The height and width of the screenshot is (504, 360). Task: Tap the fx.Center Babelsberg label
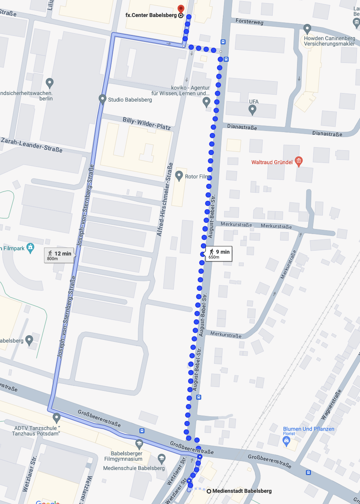coord(151,15)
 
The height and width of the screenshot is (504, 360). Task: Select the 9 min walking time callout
coord(219,254)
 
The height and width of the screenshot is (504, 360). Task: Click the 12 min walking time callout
coord(59,255)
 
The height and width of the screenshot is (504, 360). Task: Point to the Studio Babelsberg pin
coord(102,99)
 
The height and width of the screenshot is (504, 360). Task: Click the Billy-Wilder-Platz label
coord(147,123)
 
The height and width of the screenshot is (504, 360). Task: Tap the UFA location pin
coord(253,110)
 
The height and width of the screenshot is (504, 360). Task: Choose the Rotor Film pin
coord(179,176)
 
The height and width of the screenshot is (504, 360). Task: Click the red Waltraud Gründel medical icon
coord(298,161)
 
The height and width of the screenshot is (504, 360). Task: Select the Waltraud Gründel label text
coord(272,162)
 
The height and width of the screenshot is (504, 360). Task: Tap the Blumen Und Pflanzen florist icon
coord(286,441)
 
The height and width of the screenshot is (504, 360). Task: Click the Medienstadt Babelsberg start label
coord(242,491)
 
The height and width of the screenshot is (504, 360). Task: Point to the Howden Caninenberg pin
coord(307,28)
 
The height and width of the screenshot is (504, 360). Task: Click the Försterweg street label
coord(249,22)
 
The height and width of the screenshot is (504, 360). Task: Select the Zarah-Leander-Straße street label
coord(32,145)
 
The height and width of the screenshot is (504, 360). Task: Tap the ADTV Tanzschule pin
coord(57,417)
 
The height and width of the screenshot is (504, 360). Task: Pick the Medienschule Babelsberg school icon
coord(162,459)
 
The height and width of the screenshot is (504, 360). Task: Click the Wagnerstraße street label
coord(331,405)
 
